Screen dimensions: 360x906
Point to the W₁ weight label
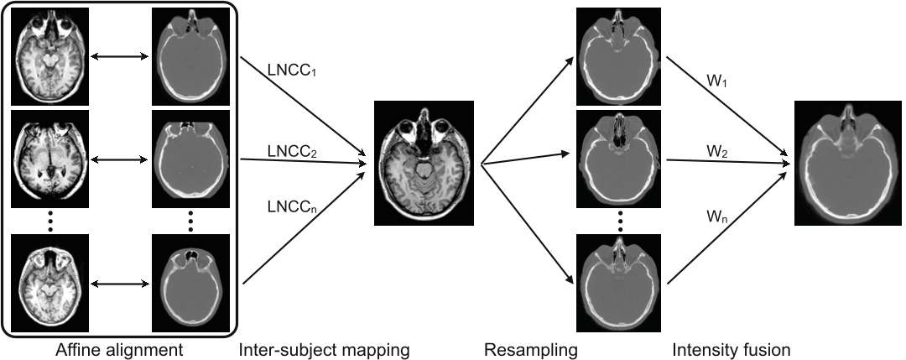click(x=716, y=83)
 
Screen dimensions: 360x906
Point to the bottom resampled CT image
click(x=619, y=283)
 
